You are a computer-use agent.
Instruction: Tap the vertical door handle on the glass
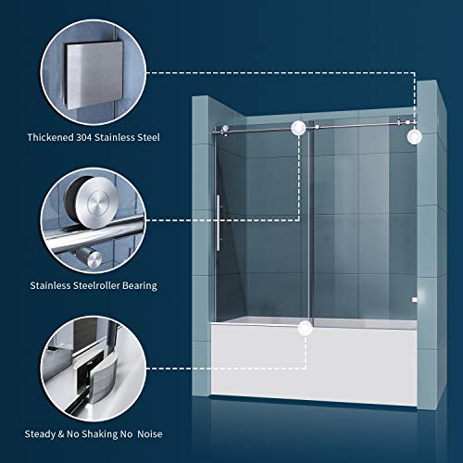click(219, 223)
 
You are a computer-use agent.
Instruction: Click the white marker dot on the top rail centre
click(298, 128)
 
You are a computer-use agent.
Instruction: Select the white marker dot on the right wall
click(413, 137)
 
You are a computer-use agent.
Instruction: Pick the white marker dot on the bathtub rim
click(304, 326)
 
